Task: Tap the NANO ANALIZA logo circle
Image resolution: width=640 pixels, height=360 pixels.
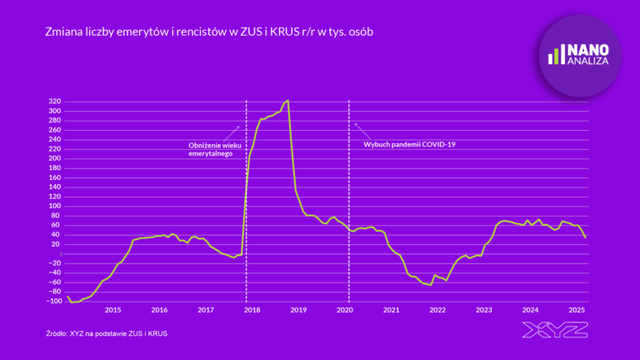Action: click(579, 55)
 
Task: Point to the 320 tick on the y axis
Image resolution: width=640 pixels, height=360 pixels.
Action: click(55, 102)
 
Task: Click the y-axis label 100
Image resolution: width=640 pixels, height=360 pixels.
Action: click(55, 206)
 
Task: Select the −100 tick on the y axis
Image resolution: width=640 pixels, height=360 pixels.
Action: click(53, 300)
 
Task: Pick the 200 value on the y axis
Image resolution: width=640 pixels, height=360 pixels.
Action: click(55, 158)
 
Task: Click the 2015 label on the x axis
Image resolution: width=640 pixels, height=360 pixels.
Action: click(112, 310)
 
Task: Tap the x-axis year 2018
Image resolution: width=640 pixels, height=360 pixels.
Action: click(252, 310)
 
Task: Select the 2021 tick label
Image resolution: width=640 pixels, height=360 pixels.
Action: click(391, 310)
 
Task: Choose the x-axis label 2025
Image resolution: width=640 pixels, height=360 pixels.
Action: click(577, 310)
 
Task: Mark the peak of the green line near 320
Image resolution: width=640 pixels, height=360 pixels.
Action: click(287, 100)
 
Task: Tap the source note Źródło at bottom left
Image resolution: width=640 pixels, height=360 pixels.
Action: click(112, 333)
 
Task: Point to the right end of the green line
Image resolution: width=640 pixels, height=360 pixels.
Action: click(586, 238)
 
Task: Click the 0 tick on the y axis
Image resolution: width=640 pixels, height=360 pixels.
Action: click(60, 253)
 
